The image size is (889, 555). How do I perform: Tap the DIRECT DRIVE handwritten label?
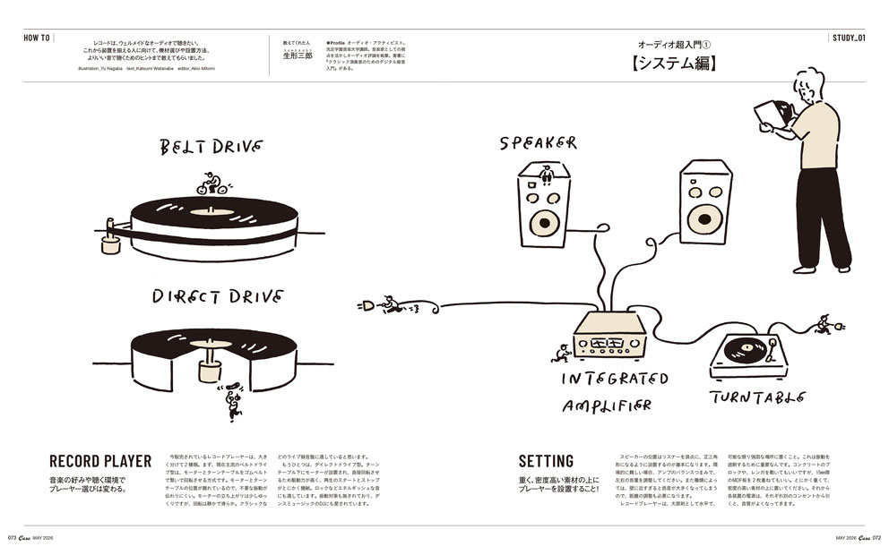point(217,296)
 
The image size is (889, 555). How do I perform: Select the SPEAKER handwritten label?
point(538,143)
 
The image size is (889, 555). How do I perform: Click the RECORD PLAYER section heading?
point(100,462)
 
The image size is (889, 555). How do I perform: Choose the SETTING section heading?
point(546,462)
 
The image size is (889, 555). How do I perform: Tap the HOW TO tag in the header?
point(37,38)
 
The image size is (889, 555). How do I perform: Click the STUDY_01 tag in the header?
point(848,38)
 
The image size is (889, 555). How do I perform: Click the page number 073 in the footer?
point(13,538)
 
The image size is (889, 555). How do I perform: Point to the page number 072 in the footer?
point(876,538)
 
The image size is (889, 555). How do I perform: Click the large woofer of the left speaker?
point(543,222)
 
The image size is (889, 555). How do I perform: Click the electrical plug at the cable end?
point(367,305)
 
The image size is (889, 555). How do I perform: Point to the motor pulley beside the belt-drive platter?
point(111,243)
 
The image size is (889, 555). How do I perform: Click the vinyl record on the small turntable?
point(743,348)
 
